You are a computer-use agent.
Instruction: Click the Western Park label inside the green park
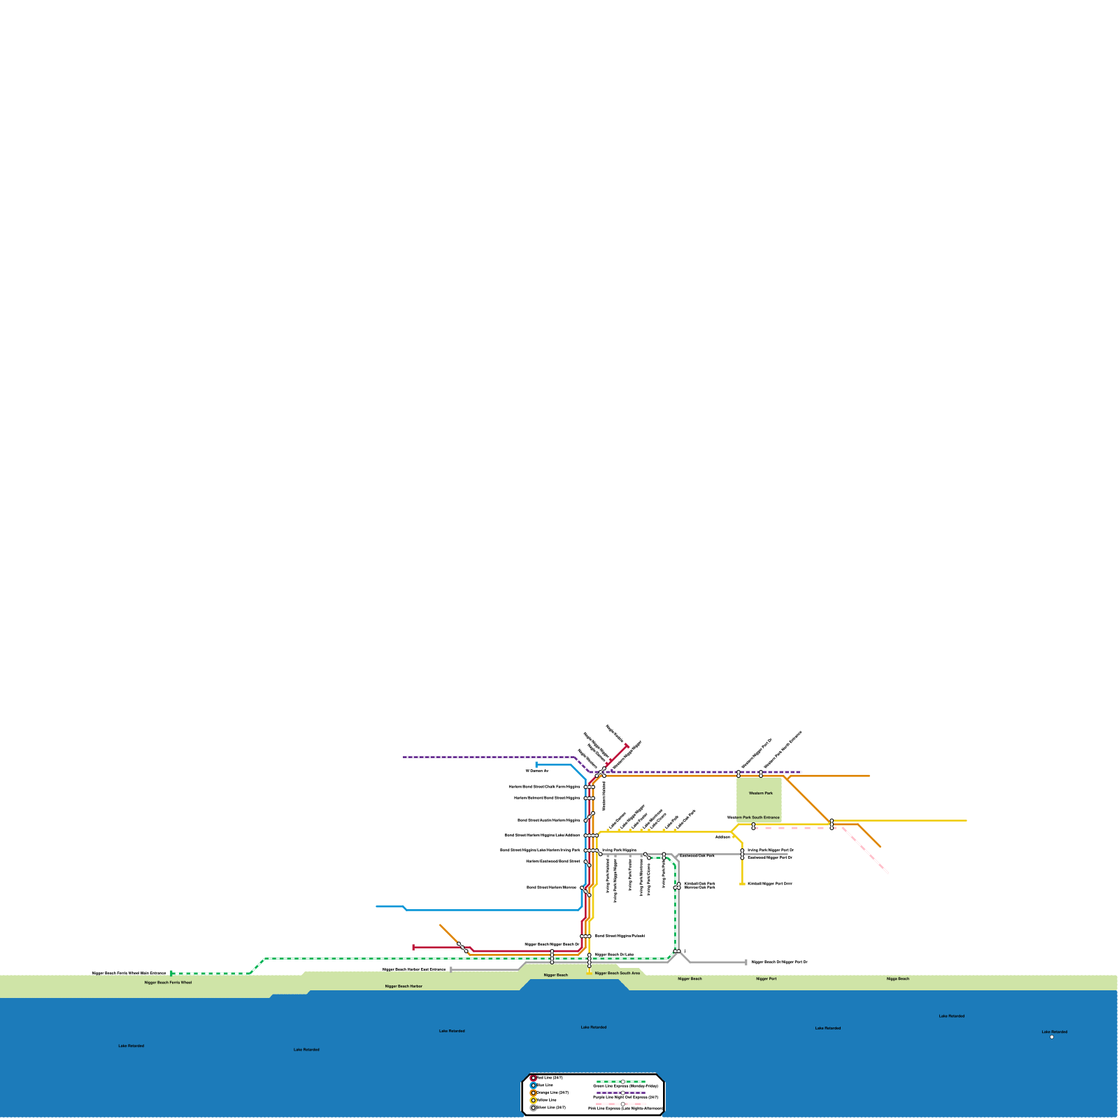point(760,793)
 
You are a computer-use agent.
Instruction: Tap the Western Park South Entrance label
point(753,817)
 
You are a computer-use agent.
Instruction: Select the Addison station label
point(722,836)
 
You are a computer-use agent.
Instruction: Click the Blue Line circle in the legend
point(533,1085)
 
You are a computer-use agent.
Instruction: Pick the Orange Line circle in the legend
point(533,1092)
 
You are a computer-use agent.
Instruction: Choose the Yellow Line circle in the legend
point(533,1100)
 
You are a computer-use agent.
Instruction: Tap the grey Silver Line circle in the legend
point(533,1108)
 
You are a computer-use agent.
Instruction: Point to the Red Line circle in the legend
point(533,1078)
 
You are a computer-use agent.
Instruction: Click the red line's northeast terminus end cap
point(627,746)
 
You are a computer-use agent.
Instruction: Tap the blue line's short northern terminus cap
point(536,765)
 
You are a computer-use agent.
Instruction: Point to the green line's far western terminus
point(171,973)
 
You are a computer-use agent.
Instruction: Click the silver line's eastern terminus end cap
point(746,962)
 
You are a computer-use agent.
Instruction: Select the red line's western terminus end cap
point(413,947)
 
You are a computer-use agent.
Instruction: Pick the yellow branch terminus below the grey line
point(742,884)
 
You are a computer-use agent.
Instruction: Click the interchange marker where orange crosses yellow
point(832,824)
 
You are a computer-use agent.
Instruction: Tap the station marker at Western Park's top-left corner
point(739,774)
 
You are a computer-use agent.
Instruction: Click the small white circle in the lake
point(1052,1037)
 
